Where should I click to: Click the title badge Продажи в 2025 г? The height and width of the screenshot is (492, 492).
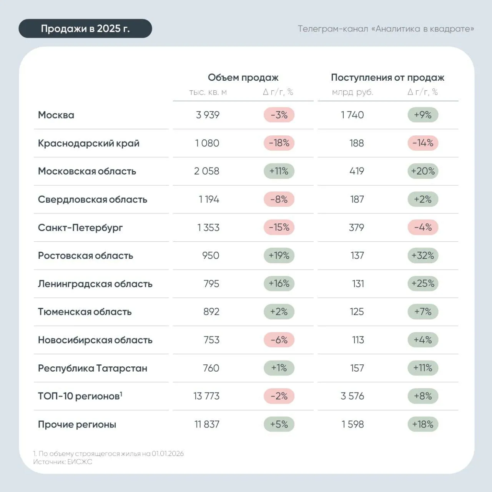[85, 28]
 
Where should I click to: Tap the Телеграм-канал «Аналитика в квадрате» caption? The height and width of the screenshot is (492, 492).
[386, 29]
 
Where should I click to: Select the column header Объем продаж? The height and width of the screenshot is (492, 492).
[243, 77]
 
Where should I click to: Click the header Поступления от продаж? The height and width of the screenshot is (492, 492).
[387, 77]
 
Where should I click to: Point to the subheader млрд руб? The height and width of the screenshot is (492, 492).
[352, 92]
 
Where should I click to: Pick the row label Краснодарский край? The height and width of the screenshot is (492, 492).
[88, 143]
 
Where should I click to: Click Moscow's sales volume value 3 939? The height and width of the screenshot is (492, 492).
[208, 115]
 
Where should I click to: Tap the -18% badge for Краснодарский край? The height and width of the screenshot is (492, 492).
[279, 143]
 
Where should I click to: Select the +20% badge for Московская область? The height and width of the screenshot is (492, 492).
[423, 171]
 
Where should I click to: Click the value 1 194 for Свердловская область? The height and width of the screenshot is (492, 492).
[209, 199]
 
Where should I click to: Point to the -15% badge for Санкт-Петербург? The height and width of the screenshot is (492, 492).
[279, 227]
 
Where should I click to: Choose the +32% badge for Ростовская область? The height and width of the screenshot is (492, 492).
[423, 255]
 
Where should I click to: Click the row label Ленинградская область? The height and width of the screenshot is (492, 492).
[95, 284]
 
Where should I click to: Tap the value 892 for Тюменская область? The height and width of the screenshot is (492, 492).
[211, 312]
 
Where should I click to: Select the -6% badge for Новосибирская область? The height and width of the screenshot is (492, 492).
[279, 340]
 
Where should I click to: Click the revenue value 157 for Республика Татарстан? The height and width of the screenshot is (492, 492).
[357, 368]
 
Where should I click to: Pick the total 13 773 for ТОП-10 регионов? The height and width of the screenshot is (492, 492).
[206, 396]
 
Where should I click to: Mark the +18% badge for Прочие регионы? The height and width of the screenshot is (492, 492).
[423, 424]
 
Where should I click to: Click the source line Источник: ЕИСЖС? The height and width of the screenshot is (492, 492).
[63, 462]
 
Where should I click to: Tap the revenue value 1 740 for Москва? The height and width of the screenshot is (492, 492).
[352, 115]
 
